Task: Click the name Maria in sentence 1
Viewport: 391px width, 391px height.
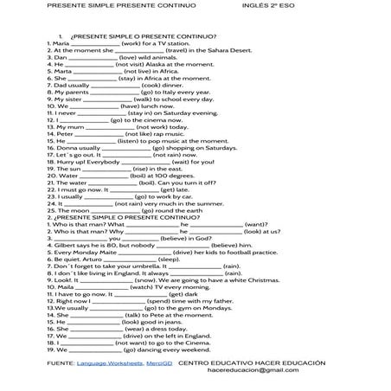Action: (x=61, y=42)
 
